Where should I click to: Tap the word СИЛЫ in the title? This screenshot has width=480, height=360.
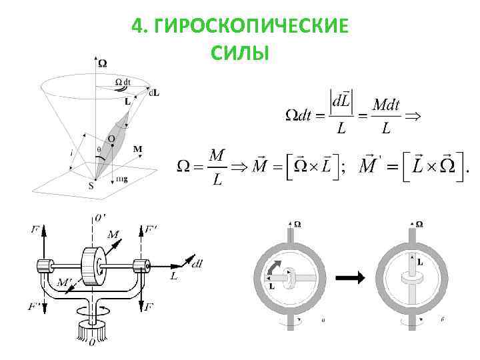pos(240,51)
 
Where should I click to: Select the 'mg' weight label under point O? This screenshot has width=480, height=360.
pos(122,179)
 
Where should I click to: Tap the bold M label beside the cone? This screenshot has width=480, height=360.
pos(138,149)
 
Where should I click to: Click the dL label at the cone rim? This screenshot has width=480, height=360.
pos(154,92)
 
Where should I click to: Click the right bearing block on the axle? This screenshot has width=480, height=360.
pos(140,265)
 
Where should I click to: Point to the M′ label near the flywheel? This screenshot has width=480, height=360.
pos(65,285)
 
